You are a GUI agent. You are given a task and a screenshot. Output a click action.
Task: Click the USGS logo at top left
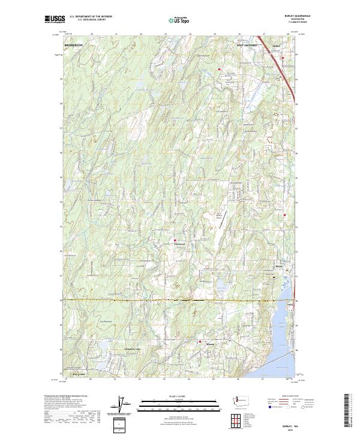55,20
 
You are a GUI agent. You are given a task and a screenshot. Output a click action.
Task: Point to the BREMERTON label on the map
73,45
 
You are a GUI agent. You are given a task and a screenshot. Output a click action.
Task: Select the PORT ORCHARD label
246,45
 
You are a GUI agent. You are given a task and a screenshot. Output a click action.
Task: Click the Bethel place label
277,45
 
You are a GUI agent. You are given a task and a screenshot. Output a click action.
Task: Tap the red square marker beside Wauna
200,342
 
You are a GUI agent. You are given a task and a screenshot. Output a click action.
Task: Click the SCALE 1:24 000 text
179,395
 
